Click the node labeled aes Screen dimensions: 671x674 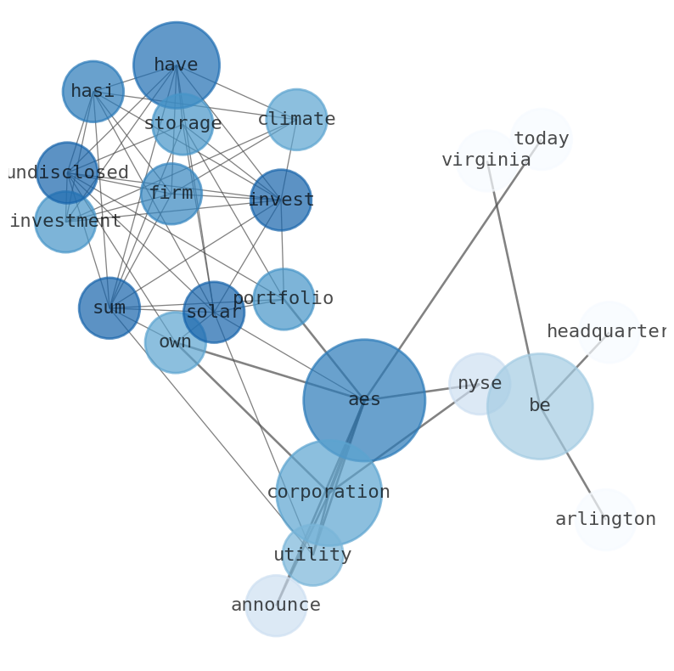(x=364, y=400)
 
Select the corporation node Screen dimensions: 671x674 (x=329, y=493)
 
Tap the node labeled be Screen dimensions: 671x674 (x=540, y=406)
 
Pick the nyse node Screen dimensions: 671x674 (x=480, y=384)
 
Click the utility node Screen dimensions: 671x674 (x=312, y=555)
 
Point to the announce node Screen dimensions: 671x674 (x=276, y=606)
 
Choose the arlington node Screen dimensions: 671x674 (x=605, y=520)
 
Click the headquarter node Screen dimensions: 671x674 (x=609, y=332)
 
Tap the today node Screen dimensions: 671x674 (x=541, y=139)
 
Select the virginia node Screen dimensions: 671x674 (x=486, y=161)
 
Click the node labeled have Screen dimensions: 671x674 (x=177, y=65)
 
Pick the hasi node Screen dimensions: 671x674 (x=93, y=92)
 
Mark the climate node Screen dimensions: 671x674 (x=296, y=120)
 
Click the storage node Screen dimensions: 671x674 (x=183, y=124)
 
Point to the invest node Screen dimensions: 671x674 (x=281, y=200)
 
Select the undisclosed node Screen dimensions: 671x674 (x=67, y=173)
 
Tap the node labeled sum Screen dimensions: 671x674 (x=110, y=308)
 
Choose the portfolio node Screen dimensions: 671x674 (x=284, y=299)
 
